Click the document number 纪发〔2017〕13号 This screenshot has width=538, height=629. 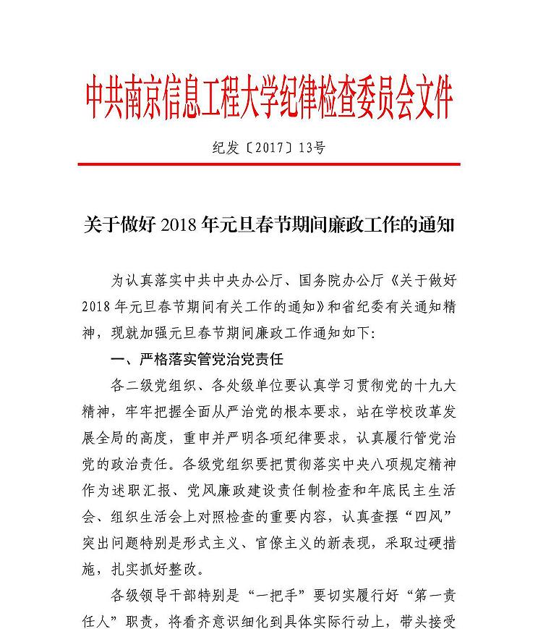tap(269, 148)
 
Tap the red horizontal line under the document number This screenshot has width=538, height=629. tap(269, 164)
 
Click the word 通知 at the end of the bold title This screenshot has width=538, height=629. tap(434, 224)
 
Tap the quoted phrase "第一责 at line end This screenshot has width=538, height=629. tap(424, 597)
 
